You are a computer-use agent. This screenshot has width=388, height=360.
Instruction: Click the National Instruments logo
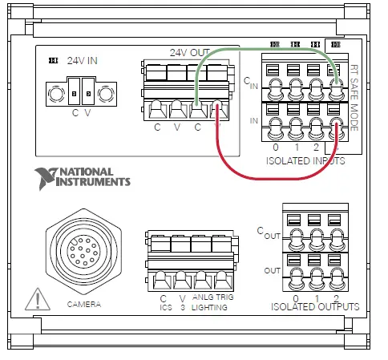pos(82,176)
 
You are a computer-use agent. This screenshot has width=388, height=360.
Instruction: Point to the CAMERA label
pos(84,305)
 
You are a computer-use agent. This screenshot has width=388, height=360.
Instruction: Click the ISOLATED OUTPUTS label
pos(314,306)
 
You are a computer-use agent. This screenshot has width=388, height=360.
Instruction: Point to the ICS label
pos(165,307)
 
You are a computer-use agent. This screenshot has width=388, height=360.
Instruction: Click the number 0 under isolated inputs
pos(276,148)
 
